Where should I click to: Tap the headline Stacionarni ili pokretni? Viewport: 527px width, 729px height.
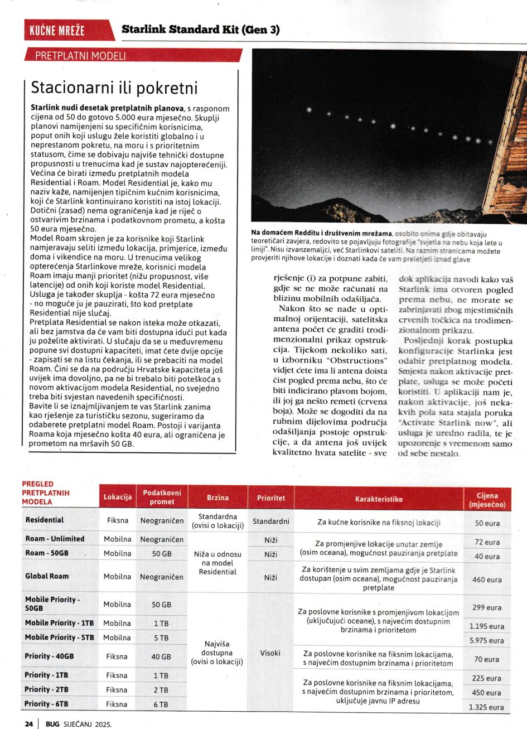[x=114, y=88]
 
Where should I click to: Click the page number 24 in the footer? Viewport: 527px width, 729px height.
[x=28, y=723]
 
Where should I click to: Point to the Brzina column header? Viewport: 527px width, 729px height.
[x=217, y=498]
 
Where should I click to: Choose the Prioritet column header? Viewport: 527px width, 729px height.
[x=270, y=498]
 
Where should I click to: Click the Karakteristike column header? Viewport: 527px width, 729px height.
[x=379, y=499]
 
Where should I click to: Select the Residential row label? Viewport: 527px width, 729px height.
[x=45, y=520]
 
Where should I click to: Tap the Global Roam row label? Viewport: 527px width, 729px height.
[x=47, y=576]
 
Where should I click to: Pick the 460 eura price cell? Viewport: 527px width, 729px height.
[x=486, y=580]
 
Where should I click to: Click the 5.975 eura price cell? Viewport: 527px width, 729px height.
[x=486, y=640]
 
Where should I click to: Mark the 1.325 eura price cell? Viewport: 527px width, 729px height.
[x=486, y=707]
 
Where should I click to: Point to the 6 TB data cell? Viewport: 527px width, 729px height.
[x=161, y=704]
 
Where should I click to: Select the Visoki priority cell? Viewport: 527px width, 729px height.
[x=270, y=652]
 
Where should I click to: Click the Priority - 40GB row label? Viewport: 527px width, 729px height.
[x=49, y=656]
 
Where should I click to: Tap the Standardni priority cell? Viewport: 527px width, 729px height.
[x=270, y=521]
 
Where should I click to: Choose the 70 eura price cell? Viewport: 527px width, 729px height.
[x=486, y=659]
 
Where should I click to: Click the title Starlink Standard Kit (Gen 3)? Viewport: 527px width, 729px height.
[x=200, y=30]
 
